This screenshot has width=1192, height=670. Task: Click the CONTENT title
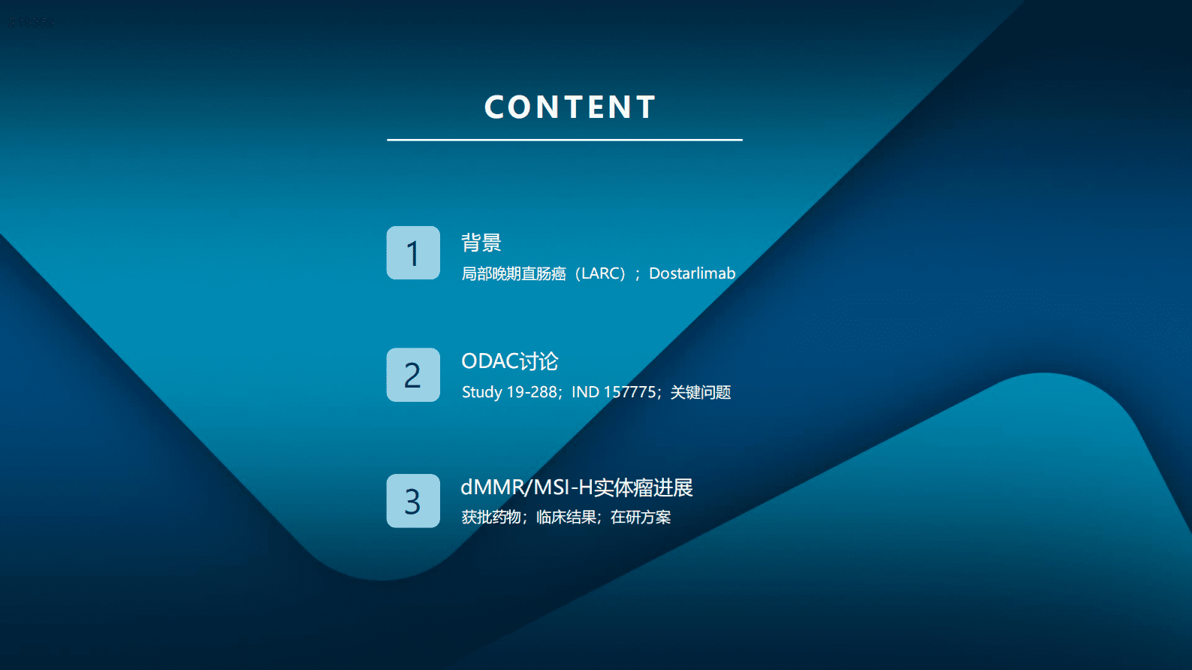[x=570, y=107]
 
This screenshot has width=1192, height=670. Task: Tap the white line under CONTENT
[x=564, y=140]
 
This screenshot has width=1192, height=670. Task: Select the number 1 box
[x=413, y=253]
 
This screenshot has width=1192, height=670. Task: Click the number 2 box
[x=413, y=375]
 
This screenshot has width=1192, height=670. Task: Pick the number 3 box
[x=413, y=501]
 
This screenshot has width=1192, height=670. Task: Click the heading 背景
[x=481, y=243]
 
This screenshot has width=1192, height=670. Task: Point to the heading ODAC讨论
[x=509, y=361]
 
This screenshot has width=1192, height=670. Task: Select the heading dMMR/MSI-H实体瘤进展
[x=576, y=487]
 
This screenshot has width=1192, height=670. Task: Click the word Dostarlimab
[x=692, y=273]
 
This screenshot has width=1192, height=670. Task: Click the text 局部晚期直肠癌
[x=514, y=273]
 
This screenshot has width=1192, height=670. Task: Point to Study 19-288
[x=509, y=392]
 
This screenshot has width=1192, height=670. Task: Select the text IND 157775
[x=614, y=392]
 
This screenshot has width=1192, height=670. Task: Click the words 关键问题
[x=700, y=392]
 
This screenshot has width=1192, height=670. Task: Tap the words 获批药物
[x=491, y=517]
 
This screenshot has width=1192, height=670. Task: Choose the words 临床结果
[x=566, y=517]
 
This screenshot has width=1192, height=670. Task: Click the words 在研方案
[x=641, y=517]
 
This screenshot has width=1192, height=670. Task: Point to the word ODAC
[x=489, y=361]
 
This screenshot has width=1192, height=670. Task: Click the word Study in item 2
[x=481, y=392]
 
